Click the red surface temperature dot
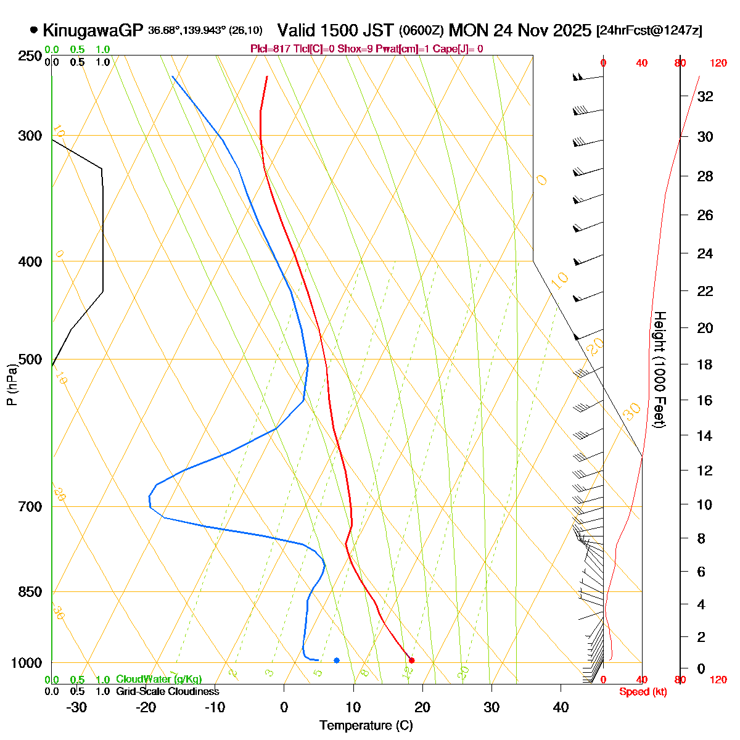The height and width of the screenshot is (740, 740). (411, 660)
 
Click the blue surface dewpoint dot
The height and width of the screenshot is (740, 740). (337, 660)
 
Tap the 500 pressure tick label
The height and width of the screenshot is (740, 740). (30, 360)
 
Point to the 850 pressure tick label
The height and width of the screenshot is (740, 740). (30, 592)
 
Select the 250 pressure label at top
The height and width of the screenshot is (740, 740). (30, 56)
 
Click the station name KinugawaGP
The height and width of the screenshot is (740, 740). (92, 30)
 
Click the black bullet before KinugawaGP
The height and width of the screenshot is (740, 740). (33, 30)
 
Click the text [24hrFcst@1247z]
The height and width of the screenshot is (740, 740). (649, 31)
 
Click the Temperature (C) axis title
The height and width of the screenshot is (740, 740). (366, 726)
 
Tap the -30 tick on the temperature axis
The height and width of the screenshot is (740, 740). (76, 707)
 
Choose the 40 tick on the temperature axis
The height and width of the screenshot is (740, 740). (561, 707)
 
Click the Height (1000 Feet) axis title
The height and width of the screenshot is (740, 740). (659, 369)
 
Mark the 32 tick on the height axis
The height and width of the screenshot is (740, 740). (705, 96)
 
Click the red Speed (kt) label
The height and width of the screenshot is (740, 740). (643, 692)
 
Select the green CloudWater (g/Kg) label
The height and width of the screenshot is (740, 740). (158, 680)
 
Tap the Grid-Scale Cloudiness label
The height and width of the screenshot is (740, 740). (167, 692)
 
